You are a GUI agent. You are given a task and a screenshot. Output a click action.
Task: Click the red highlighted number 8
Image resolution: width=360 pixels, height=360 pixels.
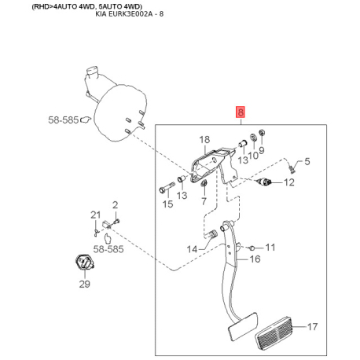[240, 112]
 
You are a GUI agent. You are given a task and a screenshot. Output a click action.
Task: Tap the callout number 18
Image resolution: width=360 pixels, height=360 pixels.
[204, 139]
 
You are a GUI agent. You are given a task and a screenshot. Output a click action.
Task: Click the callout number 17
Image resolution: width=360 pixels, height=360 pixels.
[312, 327]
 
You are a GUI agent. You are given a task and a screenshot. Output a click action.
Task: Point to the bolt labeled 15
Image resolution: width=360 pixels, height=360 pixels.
[167, 187]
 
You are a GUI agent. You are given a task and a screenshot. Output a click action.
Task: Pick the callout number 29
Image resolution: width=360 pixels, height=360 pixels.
[85, 284]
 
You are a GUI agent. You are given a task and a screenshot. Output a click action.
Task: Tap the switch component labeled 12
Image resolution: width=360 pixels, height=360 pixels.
[263, 182]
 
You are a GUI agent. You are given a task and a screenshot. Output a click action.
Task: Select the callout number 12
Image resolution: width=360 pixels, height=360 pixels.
[289, 182]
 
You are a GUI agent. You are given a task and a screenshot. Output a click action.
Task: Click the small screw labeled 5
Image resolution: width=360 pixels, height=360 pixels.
[292, 168]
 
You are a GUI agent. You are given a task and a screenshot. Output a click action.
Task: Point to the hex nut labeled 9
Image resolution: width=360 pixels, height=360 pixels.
[262, 133]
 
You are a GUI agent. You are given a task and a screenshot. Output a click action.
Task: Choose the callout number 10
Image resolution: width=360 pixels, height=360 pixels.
[253, 155]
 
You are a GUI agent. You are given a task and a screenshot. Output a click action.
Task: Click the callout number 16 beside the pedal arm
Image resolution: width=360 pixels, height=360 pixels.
[255, 259]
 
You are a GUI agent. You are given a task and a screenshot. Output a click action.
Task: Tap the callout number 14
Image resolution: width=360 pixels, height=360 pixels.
[192, 249]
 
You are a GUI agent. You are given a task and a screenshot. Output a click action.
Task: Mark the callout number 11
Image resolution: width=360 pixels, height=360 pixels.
[270, 247]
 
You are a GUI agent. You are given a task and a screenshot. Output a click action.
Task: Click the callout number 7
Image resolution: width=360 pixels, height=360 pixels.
[204, 201]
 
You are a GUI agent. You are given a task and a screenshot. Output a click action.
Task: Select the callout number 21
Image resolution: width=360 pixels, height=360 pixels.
[95, 215]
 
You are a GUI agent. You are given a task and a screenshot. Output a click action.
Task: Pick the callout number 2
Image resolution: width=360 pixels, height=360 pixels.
[115, 205]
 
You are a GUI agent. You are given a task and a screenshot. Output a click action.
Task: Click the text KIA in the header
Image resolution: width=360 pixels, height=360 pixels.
[101, 13]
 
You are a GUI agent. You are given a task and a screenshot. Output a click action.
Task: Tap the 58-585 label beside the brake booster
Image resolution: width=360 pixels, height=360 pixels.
[63, 120]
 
